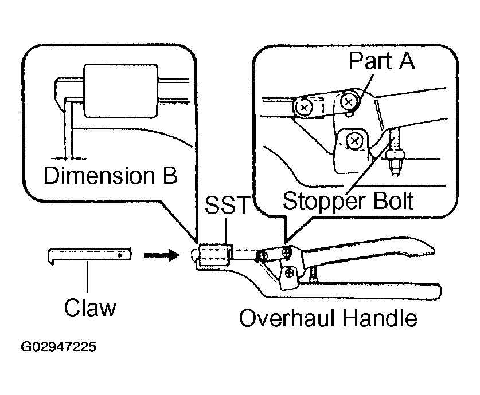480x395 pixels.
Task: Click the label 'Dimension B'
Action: tap(111, 175)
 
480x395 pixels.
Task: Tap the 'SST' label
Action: tap(228, 205)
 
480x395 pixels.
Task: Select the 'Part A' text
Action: tap(381, 61)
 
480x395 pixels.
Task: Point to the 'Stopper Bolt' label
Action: tap(348, 202)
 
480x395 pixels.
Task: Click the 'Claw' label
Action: tap(90, 307)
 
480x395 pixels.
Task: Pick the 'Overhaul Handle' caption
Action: tap(328, 318)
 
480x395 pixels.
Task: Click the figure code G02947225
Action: tap(58, 347)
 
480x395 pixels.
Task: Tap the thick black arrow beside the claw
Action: tap(161, 255)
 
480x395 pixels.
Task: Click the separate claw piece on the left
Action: tap(89, 255)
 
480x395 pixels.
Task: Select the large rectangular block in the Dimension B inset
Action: tap(121, 91)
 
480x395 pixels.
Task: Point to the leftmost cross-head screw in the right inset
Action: tap(304, 107)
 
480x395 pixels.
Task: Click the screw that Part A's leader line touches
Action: tap(349, 102)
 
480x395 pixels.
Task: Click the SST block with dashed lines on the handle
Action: tap(214, 255)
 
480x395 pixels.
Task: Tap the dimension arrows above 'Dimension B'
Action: tap(68, 158)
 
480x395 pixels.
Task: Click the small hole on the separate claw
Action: tap(120, 255)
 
